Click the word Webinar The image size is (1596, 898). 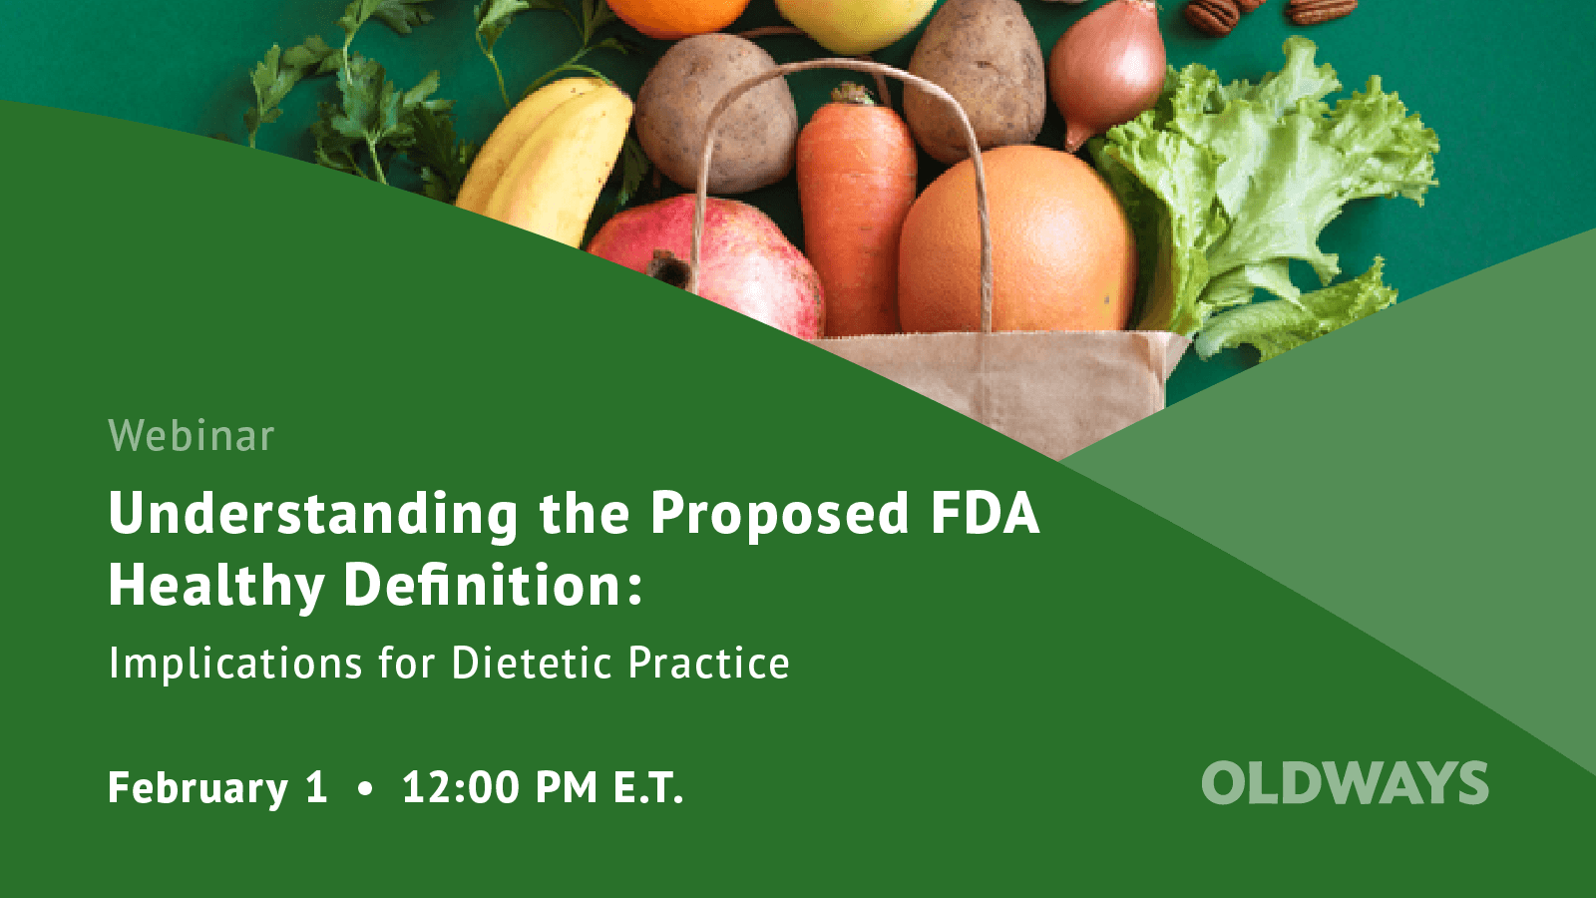click(191, 436)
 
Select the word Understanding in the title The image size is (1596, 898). click(313, 514)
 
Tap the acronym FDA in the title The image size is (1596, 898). click(985, 513)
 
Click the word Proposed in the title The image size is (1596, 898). click(779, 514)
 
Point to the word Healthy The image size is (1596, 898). click(216, 585)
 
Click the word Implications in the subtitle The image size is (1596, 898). click(235, 664)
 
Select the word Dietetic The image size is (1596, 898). click(531, 664)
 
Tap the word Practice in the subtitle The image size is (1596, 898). click(708, 664)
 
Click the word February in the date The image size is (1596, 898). click(198, 788)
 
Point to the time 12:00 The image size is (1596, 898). click(461, 787)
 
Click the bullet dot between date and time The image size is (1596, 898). click(365, 788)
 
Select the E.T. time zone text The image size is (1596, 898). click(647, 787)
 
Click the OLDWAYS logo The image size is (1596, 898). click(1345, 783)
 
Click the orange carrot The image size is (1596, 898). click(856, 210)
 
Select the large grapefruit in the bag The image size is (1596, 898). click(1017, 244)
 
